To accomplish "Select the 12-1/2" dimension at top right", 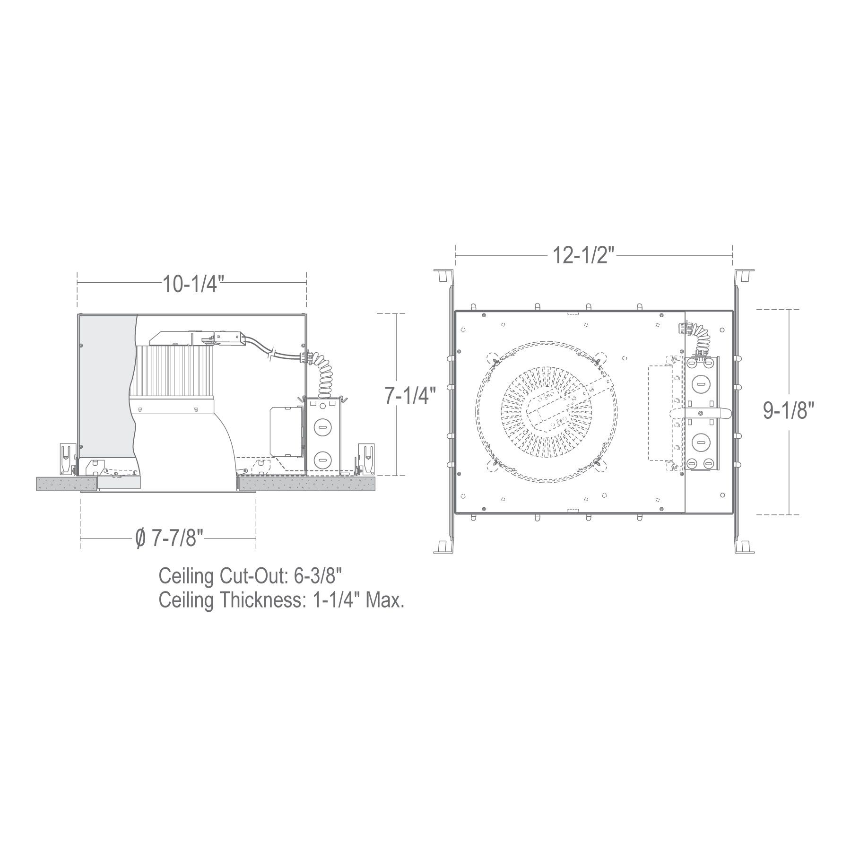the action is [583, 256].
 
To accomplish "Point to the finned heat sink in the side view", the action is [173, 370].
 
